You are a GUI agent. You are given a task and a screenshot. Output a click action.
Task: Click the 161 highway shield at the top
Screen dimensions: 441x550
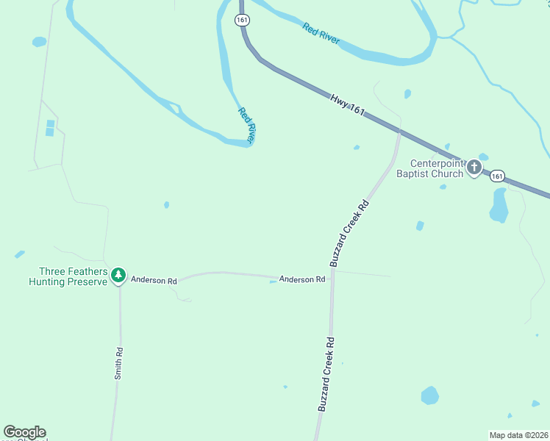coord(243,20)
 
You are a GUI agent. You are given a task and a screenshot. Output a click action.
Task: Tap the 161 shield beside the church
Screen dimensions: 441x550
coord(498,176)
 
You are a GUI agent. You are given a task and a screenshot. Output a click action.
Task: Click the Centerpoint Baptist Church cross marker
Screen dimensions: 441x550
coord(474,168)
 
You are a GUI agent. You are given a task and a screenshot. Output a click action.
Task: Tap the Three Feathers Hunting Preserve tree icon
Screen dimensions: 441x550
coord(118,276)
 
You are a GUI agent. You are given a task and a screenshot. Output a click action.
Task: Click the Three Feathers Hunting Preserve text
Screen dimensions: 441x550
coord(68,276)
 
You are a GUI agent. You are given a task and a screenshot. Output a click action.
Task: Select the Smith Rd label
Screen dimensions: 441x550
coord(118,363)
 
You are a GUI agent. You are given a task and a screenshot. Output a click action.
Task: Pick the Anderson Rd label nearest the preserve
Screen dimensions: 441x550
coord(154,280)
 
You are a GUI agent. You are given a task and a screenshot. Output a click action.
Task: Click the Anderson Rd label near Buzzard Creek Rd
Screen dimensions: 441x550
coord(302,279)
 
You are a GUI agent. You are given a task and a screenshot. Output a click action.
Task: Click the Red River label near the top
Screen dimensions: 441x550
coord(321,33)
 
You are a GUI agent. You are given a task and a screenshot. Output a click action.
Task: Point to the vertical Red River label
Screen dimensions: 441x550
coord(246,125)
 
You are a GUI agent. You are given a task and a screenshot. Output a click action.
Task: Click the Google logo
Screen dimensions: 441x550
coord(24,432)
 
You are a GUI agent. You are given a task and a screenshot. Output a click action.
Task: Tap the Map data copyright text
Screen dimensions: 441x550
coord(519,435)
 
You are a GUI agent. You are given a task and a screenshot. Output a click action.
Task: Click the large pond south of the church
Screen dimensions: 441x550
coord(499,206)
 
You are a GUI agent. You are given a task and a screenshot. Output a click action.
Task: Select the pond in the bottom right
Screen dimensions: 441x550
coord(430,395)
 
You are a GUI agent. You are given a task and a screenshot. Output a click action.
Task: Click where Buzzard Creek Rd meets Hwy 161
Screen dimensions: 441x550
coord(399,132)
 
